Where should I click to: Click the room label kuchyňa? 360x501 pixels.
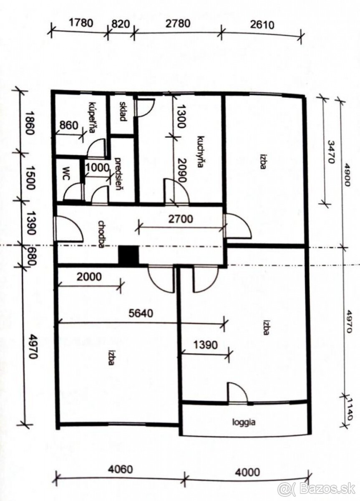tap(201, 152)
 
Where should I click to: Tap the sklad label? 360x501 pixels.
tap(123, 111)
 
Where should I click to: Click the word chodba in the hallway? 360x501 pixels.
tap(102, 234)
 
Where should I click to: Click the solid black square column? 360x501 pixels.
tap(128, 255)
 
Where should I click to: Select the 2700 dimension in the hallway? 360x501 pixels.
tap(181, 219)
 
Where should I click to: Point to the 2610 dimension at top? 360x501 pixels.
tap(262, 25)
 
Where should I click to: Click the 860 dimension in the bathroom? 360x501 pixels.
tap(69, 126)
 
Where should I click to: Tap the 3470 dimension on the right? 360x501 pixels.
tap(331, 152)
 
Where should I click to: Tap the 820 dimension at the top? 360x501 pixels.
tap(121, 24)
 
